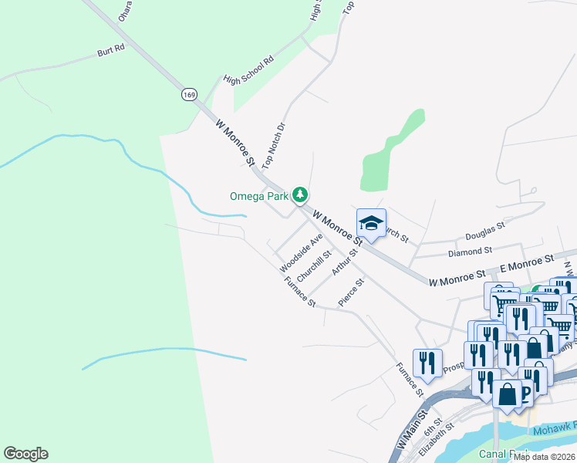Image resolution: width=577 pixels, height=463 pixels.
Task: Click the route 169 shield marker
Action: click(189, 94)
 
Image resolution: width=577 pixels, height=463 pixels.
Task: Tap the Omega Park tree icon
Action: click(301, 196)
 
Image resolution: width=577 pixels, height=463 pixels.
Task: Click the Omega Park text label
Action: click(258, 196)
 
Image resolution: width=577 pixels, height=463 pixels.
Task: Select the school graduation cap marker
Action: click(371, 224)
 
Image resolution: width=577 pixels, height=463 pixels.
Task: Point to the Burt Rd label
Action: click(110, 52)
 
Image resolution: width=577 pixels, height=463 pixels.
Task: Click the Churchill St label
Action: click(314, 265)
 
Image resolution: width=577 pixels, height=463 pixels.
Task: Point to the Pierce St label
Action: click(350, 292)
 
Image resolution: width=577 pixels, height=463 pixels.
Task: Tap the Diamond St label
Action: click(470, 251)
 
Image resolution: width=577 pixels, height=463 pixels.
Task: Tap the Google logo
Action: click(25, 454)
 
